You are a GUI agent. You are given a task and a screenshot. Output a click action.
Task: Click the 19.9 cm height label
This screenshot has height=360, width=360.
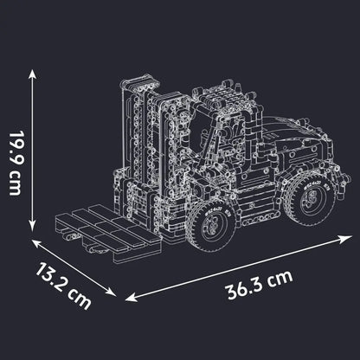(x=16, y=164)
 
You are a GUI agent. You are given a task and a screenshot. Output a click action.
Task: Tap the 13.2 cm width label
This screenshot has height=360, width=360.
(x=63, y=286)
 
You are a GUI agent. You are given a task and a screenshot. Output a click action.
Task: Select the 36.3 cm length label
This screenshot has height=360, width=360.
(x=259, y=285)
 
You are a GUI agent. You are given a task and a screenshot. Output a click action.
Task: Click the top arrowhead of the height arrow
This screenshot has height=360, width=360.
(x=32, y=74)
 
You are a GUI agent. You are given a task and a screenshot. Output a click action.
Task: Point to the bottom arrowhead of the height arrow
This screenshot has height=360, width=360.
(x=32, y=227)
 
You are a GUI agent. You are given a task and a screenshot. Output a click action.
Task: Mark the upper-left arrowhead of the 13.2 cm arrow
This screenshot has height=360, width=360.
(x=35, y=243)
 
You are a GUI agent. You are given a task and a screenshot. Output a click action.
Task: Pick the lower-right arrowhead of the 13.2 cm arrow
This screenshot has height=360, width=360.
(x=112, y=292)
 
